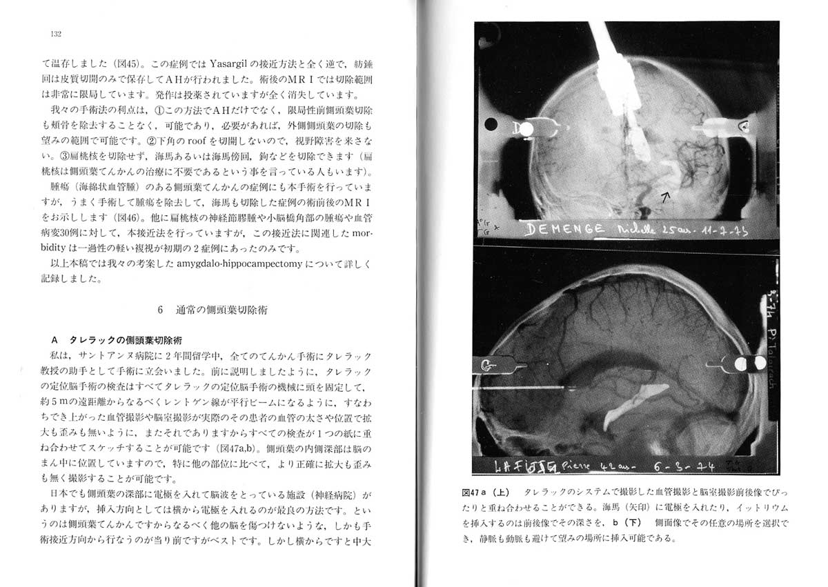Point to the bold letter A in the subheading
[x=56, y=341]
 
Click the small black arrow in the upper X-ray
[x=667, y=198]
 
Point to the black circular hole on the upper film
[x=491, y=125]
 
